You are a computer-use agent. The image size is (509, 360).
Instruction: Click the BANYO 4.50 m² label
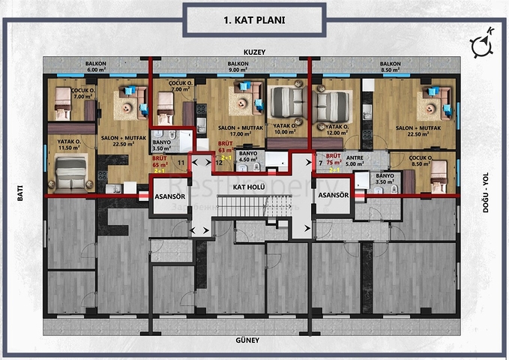[248, 157]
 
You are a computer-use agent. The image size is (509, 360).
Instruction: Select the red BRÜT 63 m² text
[225, 147]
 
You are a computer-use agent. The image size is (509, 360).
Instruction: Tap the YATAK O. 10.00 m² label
[283, 129]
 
